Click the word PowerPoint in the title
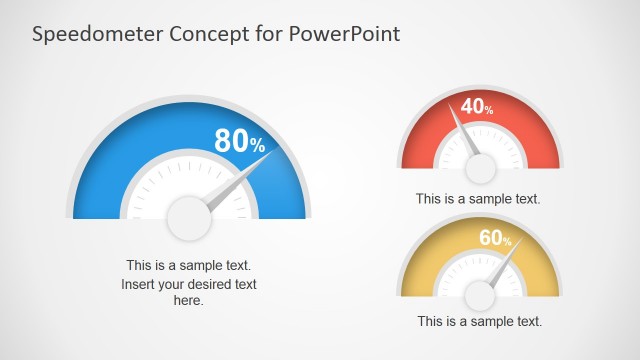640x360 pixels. tap(345, 33)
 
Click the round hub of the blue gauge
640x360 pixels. tap(189, 219)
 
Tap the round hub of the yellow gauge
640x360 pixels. tap(481, 296)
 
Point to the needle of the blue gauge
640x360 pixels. tap(236, 184)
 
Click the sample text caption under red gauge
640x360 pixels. tap(478, 199)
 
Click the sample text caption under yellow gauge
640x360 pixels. tap(479, 322)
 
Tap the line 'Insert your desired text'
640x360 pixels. tap(189, 284)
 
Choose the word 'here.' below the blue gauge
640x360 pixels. tap(189, 300)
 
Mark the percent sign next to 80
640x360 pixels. tap(257, 147)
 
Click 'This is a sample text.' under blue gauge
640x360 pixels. tap(189, 266)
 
